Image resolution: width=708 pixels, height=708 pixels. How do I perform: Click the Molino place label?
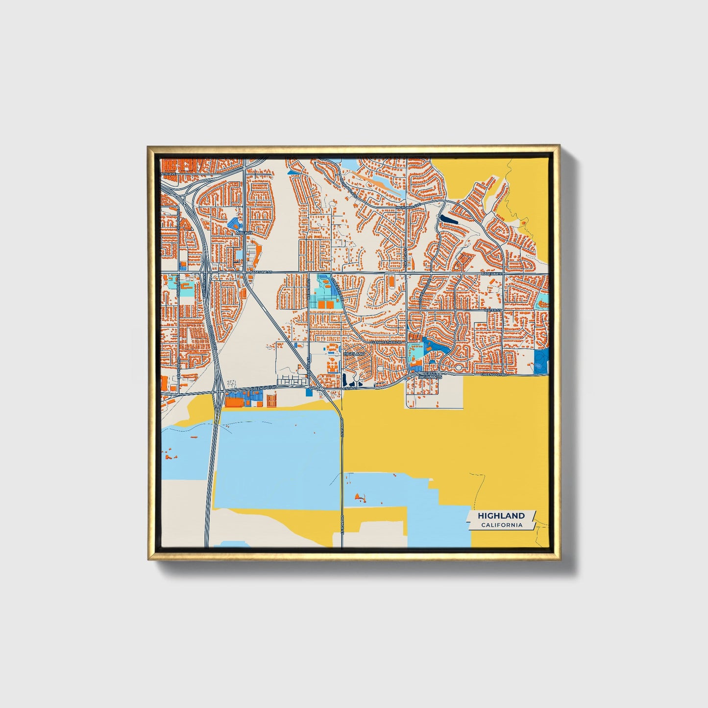(x=244, y=233)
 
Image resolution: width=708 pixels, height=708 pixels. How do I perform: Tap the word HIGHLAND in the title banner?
(x=501, y=515)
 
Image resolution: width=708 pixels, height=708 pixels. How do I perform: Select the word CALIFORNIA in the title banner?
(x=501, y=525)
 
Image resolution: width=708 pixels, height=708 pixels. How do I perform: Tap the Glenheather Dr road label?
(x=386, y=342)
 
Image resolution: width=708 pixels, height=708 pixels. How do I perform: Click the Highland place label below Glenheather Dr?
(x=354, y=353)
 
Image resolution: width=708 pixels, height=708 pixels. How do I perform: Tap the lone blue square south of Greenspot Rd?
(x=309, y=392)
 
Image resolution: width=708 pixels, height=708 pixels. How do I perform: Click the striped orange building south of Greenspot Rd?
(x=270, y=400)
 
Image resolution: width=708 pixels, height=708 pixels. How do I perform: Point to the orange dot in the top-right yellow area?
(x=524, y=223)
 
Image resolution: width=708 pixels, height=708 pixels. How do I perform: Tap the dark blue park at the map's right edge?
(x=541, y=362)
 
